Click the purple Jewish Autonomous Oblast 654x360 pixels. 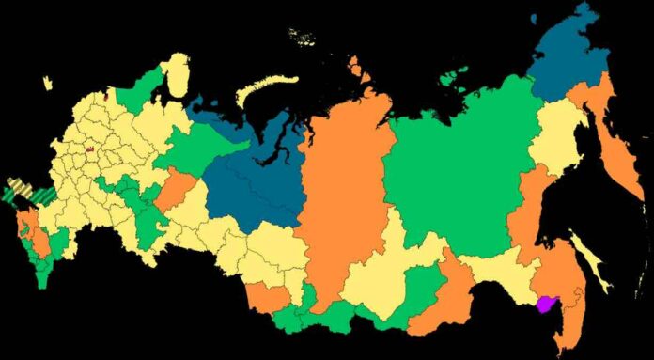[x=545, y=303]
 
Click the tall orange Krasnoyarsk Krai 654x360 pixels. [x=343, y=188]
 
